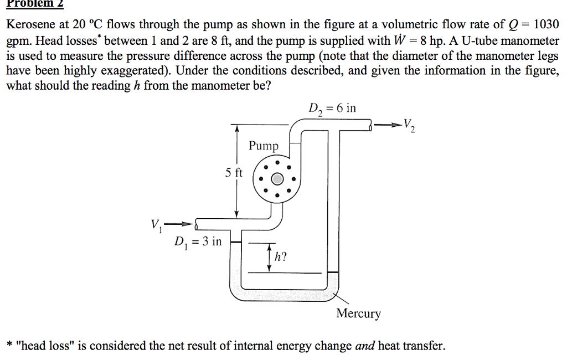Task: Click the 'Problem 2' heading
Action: (35, 4)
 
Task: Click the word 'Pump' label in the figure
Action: (264, 146)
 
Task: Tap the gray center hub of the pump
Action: (277, 179)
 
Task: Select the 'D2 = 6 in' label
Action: (332, 109)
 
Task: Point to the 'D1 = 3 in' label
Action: (197, 242)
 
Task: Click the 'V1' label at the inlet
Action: (155, 225)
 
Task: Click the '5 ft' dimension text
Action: (234, 173)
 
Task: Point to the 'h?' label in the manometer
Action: (281, 256)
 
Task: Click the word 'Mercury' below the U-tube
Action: (358, 314)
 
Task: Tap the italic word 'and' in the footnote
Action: (365, 346)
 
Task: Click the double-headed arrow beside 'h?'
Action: (269, 256)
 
